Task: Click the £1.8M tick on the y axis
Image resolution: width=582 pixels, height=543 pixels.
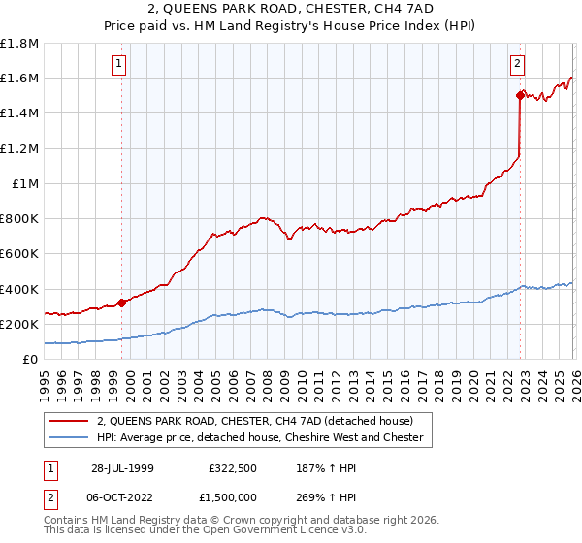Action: (19, 44)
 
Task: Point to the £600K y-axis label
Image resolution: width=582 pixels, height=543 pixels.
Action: (19, 254)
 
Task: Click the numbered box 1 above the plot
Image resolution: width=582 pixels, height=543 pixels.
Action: (118, 65)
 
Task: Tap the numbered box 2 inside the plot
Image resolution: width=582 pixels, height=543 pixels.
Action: (517, 65)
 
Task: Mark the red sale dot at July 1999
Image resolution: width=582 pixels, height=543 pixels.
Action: (122, 303)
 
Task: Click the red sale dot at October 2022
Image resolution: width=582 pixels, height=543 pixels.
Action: (521, 95)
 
